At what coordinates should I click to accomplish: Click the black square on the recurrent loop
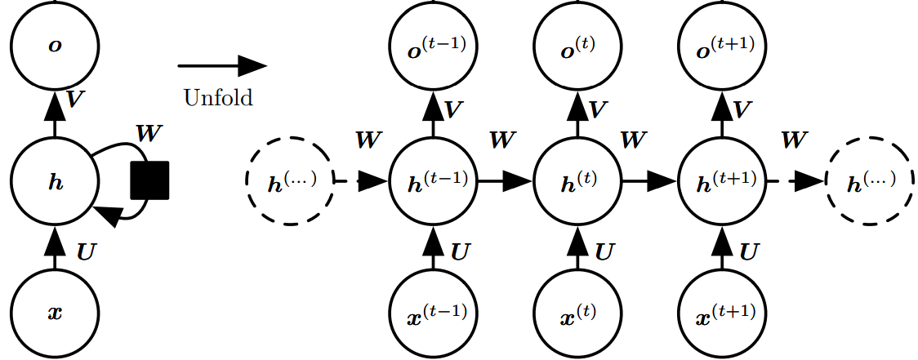point(149,180)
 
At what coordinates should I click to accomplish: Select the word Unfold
point(218,98)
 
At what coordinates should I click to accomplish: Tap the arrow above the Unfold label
point(222,66)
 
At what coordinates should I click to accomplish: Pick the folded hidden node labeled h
point(55,180)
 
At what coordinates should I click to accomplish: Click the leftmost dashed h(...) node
point(290,180)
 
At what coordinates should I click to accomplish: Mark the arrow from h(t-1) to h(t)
point(506,180)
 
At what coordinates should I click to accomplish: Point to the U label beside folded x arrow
point(85,251)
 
